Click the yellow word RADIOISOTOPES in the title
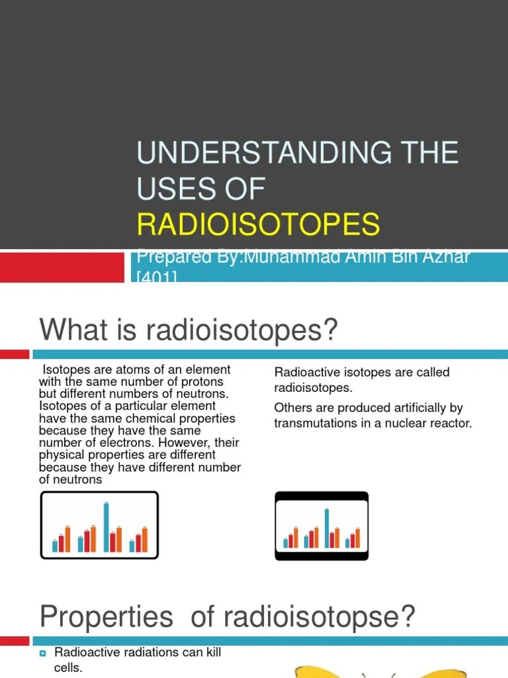click(x=259, y=224)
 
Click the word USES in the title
click(x=171, y=189)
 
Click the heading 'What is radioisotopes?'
click(x=189, y=329)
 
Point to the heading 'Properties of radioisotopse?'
click(x=227, y=617)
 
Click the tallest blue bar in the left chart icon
click(x=106, y=527)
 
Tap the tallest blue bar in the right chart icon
click(x=326, y=528)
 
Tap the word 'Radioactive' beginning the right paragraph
click(x=304, y=372)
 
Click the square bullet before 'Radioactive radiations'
click(x=42, y=654)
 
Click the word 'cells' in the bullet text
click(x=67, y=668)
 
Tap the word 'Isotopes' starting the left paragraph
click(x=64, y=369)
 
